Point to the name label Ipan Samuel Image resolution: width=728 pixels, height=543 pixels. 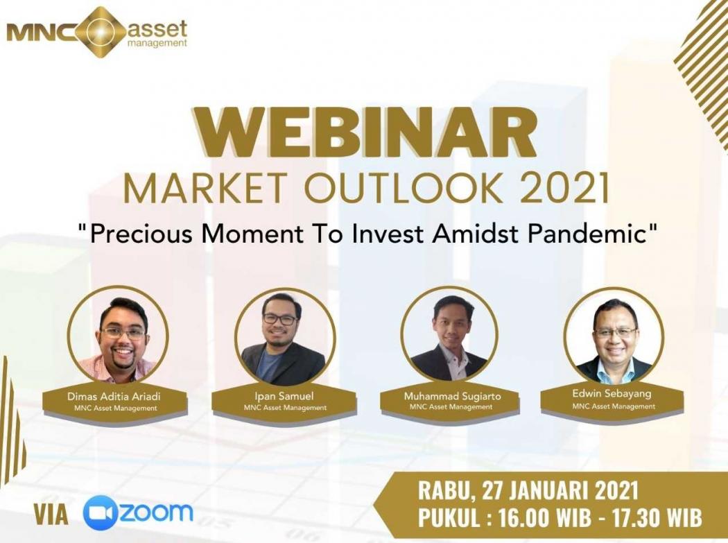(x=284, y=397)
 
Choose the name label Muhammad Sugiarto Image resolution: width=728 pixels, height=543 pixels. (x=452, y=397)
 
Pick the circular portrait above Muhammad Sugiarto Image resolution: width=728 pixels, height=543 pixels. (x=450, y=335)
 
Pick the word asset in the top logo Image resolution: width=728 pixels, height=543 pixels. (x=157, y=28)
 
